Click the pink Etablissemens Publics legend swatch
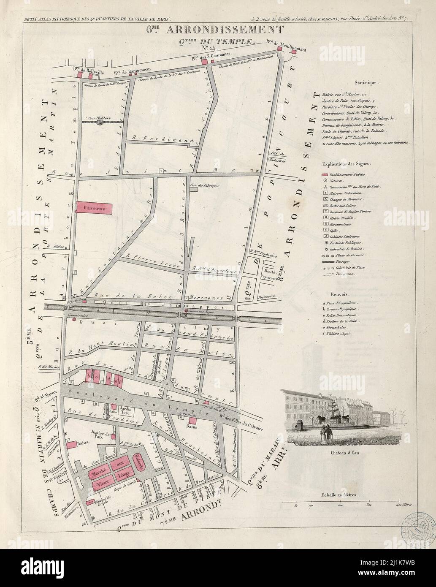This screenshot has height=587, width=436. [325, 174]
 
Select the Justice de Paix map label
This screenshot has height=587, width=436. [100, 435]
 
